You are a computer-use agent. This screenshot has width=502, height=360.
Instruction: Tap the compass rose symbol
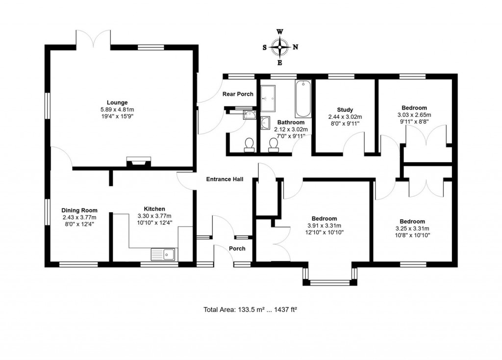pyautogui.click(x=280, y=48)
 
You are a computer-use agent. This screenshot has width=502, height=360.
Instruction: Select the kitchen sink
pyautogui.click(x=164, y=254)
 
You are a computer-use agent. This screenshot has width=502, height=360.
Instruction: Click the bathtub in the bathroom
pyautogui.click(x=303, y=99)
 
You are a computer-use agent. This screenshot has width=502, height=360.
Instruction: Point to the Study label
pyautogui.click(x=345, y=110)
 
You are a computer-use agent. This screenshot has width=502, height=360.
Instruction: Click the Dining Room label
pyautogui.click(x=79, y=210)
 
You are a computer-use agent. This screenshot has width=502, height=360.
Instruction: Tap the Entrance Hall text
pyautogui.click(x=225, y=180)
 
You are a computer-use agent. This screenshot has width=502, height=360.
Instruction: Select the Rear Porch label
pyautogui.click(x=238, y=94)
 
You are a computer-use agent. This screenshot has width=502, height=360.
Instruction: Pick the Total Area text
pyautogui.click(x=251, y=310)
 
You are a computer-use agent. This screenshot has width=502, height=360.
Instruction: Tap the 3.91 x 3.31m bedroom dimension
pyautogui.click(x=324, y=226)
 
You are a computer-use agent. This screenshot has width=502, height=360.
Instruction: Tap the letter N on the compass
pyautogui.click(x=295, y=48)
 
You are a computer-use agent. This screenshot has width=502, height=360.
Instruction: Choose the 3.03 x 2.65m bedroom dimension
pyautogui.click(x=414, y=115)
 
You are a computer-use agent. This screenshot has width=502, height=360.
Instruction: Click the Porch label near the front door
pyautogui.click(x=237, y=249)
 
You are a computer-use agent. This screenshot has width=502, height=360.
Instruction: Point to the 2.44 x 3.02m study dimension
pyautogui.click(x=345, y=117)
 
